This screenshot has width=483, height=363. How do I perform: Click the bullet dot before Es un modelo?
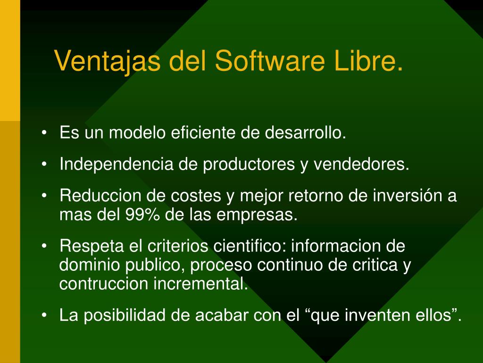click(x=44, y=133)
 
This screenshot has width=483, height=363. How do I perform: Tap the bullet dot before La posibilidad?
click(x=44, y=316)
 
